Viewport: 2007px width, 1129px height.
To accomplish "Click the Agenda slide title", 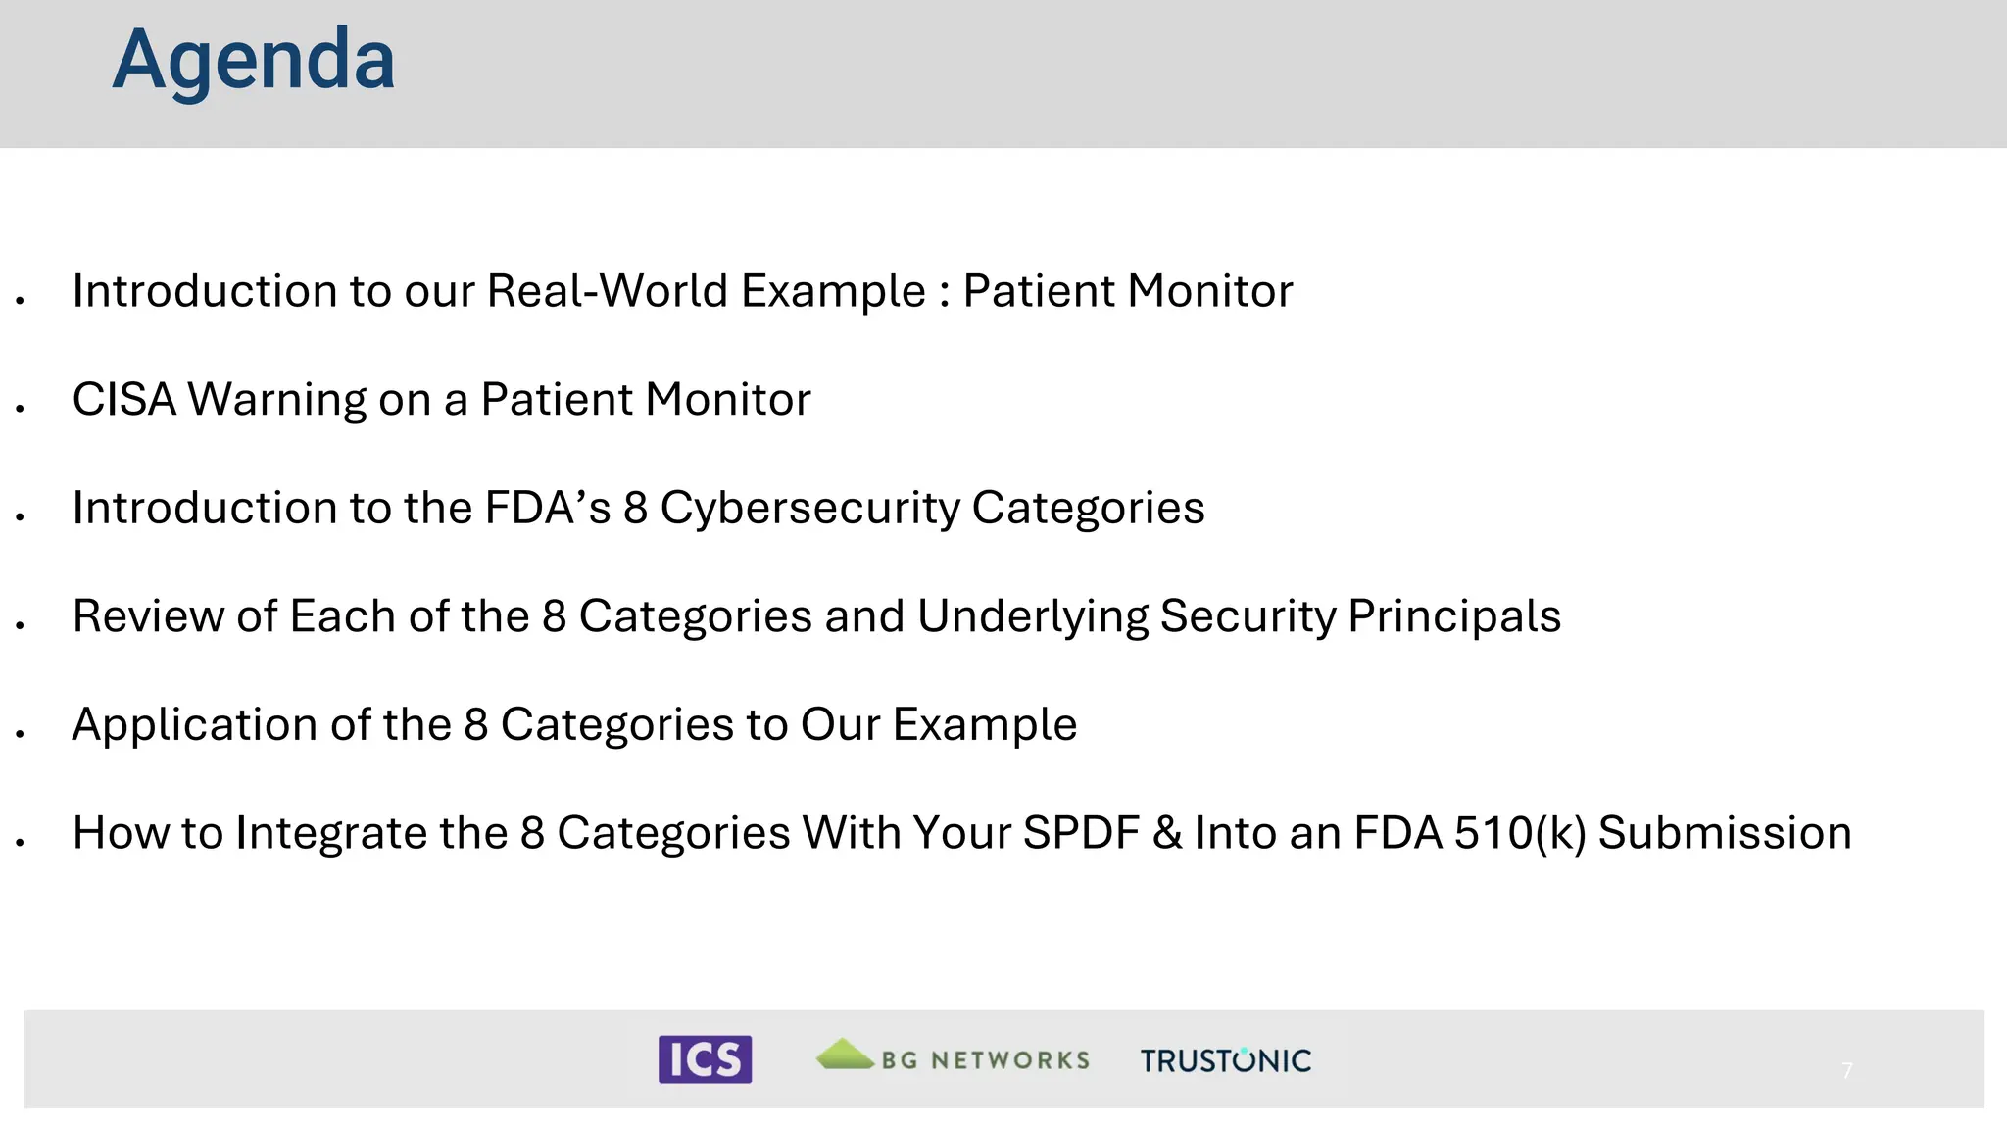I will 253,61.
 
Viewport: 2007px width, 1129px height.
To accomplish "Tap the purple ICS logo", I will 705,1059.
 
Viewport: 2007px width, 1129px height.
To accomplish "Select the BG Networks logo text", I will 985,1060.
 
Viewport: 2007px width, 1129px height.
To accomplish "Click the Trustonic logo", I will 1225,1060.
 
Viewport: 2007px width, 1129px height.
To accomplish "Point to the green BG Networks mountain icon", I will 845,1055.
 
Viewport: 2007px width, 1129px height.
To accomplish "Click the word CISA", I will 123,400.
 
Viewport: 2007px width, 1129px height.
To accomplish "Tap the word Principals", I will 1454,616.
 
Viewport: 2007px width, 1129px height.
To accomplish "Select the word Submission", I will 1725,833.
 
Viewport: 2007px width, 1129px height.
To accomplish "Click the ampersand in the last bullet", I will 1167,833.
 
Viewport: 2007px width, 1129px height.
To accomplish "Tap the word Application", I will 195,725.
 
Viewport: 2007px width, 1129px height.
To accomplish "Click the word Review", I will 148,616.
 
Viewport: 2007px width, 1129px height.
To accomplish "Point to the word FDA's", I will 548,508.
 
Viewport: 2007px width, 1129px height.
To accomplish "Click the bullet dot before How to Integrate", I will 20,842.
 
